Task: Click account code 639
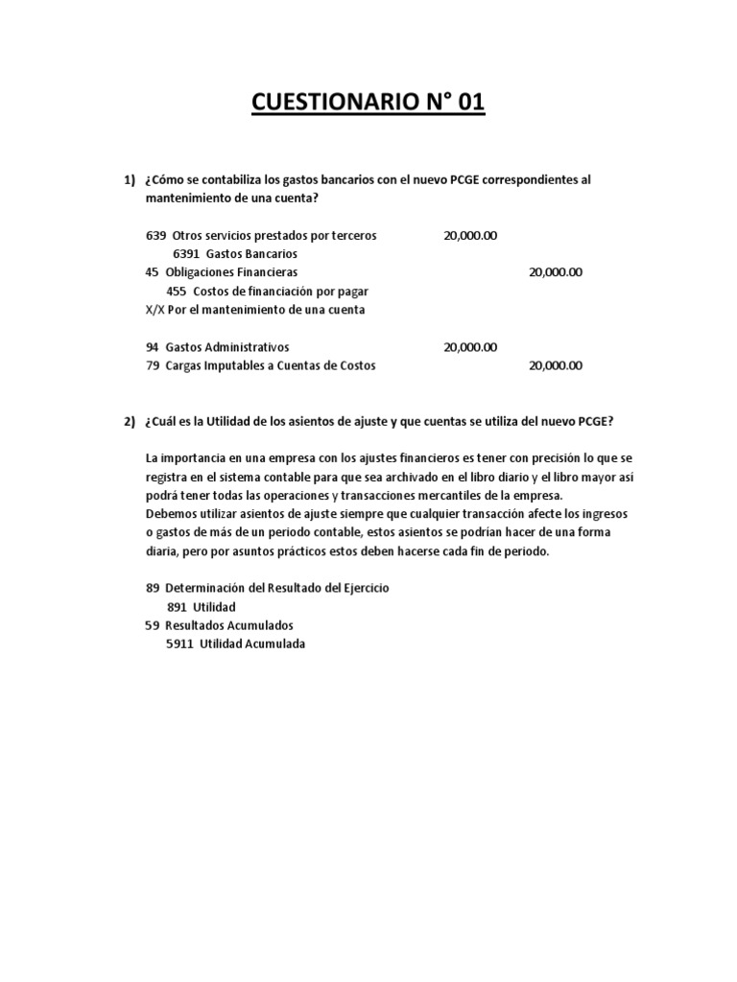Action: (155, 236)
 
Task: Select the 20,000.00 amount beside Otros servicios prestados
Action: (470, 236)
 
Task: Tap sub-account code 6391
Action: (187, 254)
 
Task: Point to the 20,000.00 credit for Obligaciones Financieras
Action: (556, 272)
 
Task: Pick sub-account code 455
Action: (177, 291)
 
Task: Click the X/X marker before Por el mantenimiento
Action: (155, 310)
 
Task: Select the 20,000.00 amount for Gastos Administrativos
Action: (470, 347)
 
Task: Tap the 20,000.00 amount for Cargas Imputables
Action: (556, 365)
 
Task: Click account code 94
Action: (152, 347)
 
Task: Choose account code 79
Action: (152, 365)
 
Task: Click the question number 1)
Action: (130, 180)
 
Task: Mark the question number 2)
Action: (130, 422)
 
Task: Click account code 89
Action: (152, 587)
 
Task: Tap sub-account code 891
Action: (177, 607)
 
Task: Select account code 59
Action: (152, 625)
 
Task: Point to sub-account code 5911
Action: (180, 644)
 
